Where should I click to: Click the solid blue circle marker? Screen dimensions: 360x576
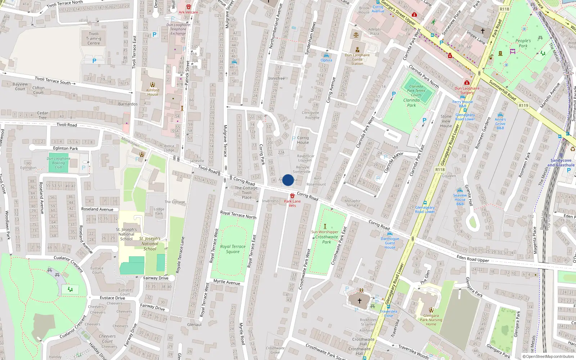288,180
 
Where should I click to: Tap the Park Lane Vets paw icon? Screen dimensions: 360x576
292,196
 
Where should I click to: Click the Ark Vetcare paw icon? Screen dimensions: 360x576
188,7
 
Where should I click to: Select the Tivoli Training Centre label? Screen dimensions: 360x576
94,39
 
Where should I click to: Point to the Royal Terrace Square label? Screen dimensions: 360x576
233,249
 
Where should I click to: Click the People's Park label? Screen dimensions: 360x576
523,43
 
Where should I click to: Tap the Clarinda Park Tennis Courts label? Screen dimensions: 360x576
416,91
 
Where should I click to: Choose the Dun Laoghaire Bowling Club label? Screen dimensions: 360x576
59,163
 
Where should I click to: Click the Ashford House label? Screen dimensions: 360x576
153,92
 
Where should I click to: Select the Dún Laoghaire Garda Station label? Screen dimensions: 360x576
357,59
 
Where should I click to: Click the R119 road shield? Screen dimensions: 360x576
523,105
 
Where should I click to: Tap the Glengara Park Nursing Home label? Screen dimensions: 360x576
431,320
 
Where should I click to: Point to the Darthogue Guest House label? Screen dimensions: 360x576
390,243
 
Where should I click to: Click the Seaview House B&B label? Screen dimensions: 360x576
460,199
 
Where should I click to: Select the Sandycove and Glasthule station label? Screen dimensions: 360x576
561,163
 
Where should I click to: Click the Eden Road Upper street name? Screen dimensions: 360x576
473,258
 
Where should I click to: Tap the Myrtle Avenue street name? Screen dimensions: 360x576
227,282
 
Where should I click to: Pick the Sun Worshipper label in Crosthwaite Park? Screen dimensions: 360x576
325,232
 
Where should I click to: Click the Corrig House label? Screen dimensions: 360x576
303,140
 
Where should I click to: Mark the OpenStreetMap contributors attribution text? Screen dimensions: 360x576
548,357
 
